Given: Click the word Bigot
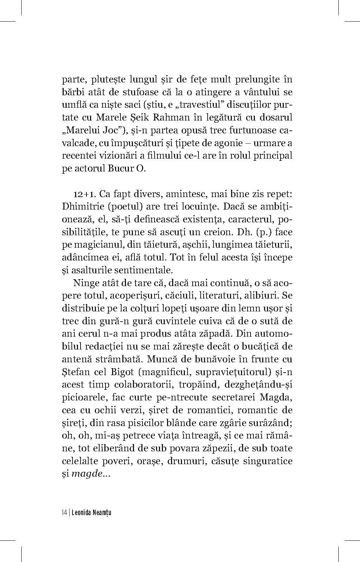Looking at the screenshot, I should click(x=122, y=372).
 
